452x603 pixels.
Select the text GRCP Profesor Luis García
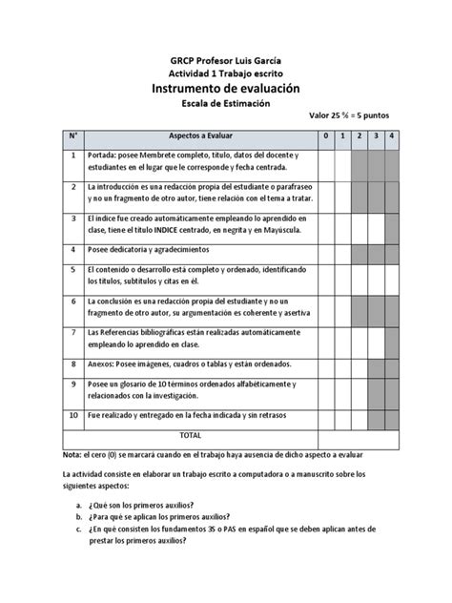(225, 57)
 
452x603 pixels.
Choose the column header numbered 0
(325, 136)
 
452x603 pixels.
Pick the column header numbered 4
(393, 136)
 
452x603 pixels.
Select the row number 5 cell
(72, 271)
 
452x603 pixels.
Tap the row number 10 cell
(72, 417)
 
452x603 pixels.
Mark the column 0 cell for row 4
(325, 252)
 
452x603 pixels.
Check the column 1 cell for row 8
(341, 364)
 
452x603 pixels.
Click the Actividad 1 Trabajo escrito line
(225, 72)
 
